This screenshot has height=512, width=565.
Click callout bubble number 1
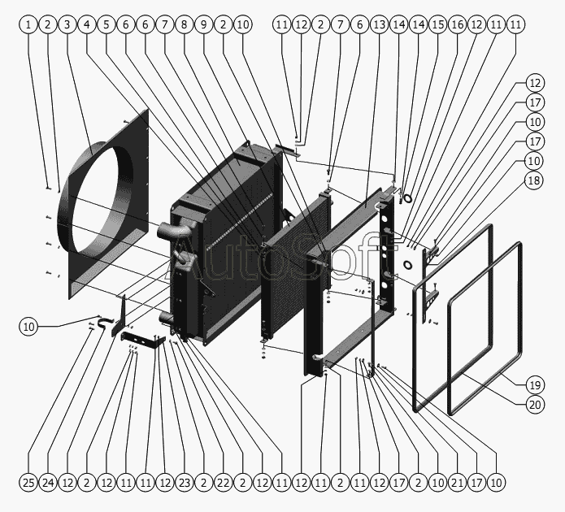pos(28,25)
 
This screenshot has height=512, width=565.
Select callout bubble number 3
pos(67,25)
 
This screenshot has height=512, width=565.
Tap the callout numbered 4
pos(87,25)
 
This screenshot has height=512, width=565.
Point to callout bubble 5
pos(106,25)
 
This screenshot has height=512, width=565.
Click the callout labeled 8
pos(185,25)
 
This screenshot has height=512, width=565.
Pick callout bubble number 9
pos(204,25)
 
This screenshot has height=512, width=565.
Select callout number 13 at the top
pos(379,25)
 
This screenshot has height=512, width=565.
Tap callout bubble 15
pos(437,25)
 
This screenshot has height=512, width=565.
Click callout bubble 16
pos(457,25)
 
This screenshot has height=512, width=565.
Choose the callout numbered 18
pos(534,180)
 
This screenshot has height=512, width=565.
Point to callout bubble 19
pos(534,384)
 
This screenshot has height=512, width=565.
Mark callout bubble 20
pos(534,404)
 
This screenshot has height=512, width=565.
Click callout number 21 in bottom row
pos(457,484)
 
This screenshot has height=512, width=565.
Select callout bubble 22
pos(224,484)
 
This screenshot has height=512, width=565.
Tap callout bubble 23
pos(185,484)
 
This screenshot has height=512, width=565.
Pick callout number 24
pos(48,484)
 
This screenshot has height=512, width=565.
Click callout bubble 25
pos(28,484)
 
